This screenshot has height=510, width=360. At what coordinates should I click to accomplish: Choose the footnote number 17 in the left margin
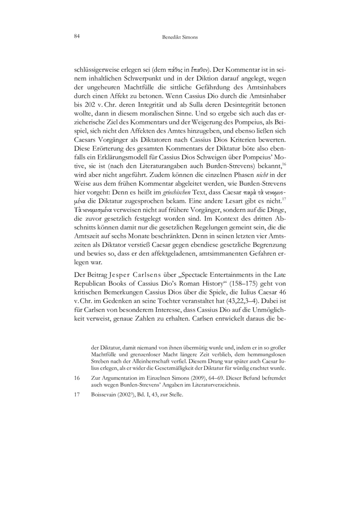(x=76, y=396)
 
